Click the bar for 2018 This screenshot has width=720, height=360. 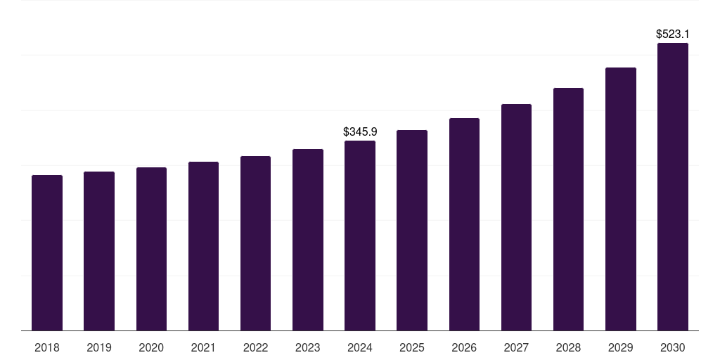[47, 253]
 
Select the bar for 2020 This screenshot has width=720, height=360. [151, 249]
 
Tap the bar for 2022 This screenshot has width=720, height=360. [255, 243]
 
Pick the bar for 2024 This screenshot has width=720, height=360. [360, 236]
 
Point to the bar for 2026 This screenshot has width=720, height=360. [464, 224]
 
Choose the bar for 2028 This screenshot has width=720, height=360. [568, 210]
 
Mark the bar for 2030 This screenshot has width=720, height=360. [673, 187]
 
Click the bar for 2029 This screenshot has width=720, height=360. [621, 199]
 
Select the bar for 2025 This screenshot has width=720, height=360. [412, 231]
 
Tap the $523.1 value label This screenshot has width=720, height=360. [673, 34]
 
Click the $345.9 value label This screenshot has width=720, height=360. [360, 131]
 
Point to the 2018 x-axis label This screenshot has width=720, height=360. [47, 347]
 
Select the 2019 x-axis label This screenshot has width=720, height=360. [99, 347]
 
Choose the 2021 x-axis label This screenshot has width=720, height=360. [203, 347]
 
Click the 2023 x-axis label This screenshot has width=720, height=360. [308, 347]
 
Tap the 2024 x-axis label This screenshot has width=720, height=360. [360, 347]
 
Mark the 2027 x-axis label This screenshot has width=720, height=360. [516, 347]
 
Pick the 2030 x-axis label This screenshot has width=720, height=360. [673, 347]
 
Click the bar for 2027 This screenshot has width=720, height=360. [516, 217]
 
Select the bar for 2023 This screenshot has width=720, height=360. [308, 240]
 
